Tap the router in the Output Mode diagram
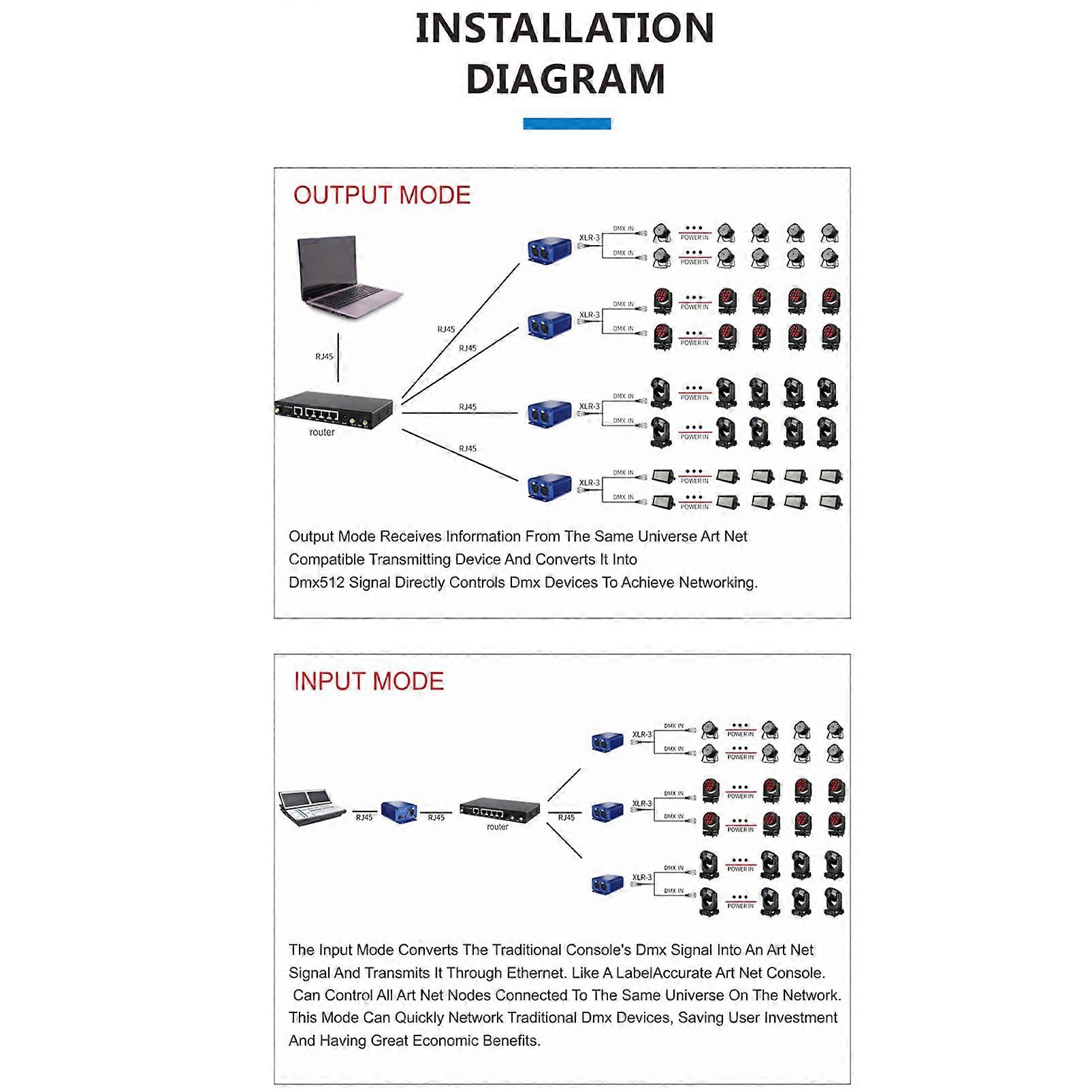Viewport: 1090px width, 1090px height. pyautogui.click(x=334, y=411)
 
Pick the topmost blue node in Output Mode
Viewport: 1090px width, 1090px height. pyautogui.click(x=549, y=250)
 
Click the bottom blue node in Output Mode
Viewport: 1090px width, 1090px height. pyautogui.click(x=549, y=486)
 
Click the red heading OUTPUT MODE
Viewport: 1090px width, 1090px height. pyautogui.click(x=382, y=195)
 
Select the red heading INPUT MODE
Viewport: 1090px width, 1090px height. pyautogui.click(x=368, y=682)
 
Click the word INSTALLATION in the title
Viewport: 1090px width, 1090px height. pyautogui.click(x=564, y=29)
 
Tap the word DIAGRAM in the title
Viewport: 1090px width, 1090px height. pyautogui.click(x=564, y=79)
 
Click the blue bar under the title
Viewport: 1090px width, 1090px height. pyautogui.click(x=566, y=124)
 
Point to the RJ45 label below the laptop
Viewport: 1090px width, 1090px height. pyautogui.click(x=324, y=357)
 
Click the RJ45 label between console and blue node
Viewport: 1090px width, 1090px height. pyautogui.click(x=364, y=818)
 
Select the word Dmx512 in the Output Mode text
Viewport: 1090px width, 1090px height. pyautogui.click(x=316, y=583)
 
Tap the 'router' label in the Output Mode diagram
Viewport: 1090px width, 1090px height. pyautogui.click(x=322, y=432)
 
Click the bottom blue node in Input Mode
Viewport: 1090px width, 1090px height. pyautogui.click(x=607, y=884)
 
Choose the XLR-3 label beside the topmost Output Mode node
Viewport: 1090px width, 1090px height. pyautogui.click(x=590, y=238)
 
